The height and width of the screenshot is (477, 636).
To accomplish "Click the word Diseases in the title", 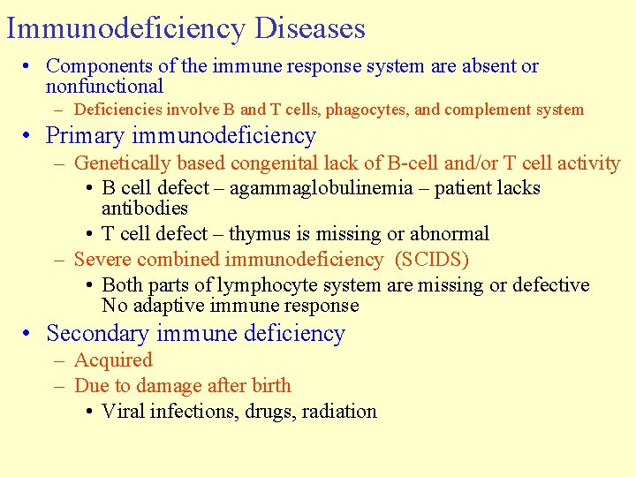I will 309,28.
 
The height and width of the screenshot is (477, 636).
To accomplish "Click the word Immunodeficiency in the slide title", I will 125,28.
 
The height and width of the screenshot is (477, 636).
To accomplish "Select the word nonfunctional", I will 104,87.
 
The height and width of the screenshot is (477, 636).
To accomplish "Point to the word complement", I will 488,110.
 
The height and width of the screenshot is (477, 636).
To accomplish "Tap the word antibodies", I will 145,208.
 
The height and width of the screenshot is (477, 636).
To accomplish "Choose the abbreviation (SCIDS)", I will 432,260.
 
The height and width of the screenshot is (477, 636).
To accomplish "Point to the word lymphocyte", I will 269,285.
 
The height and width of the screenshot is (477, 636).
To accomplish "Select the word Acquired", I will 113,360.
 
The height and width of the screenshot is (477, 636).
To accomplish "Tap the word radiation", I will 339,412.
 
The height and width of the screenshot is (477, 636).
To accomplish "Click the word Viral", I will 123,412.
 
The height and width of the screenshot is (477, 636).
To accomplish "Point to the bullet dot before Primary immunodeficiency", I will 29,137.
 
